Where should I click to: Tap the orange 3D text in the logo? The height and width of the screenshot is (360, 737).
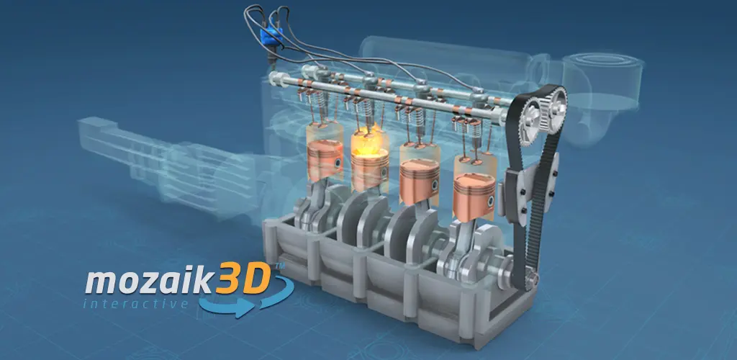coord(243,277)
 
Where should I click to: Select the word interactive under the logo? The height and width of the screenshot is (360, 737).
coord(135,304)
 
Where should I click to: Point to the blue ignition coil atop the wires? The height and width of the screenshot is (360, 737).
coord(271,36)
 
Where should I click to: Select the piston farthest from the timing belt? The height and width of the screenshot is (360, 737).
coord(325,158)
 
